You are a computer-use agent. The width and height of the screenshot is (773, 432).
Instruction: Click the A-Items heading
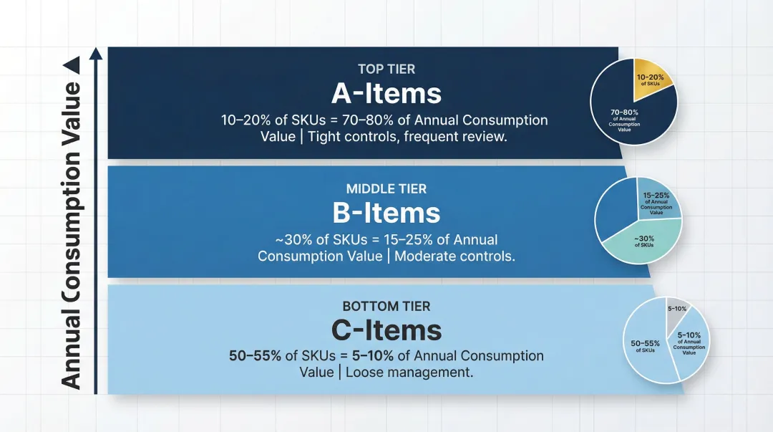click(x=386, y=93)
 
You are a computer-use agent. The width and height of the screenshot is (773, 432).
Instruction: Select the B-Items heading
click(x=386, y=213)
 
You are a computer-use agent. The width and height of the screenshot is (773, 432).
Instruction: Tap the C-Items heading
click(x=386, y=330)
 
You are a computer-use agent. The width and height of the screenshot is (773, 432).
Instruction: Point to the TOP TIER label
click(x=386, y=69)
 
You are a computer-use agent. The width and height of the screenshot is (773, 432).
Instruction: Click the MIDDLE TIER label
click(x=386, y=189)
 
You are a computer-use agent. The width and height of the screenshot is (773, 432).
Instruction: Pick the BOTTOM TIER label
click(x=386, y=307)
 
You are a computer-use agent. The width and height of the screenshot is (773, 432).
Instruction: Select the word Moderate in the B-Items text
click(x=422, y=256)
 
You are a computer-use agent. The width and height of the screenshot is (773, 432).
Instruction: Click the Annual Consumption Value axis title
click(x=71, y=236)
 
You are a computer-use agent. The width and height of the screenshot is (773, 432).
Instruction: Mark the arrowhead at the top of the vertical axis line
click(x=95, y=54)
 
